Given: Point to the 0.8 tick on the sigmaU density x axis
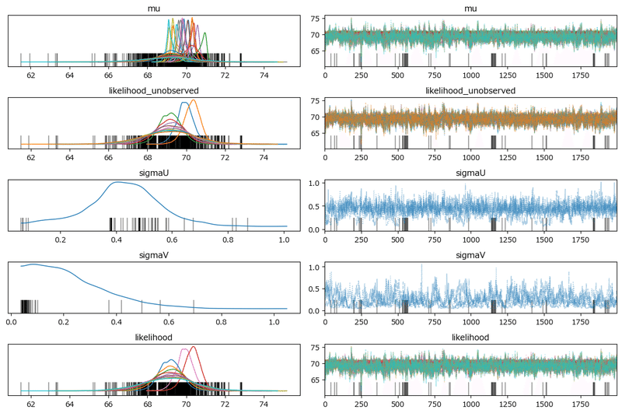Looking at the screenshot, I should tap(228, 240).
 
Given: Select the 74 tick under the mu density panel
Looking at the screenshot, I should tap(264, 75).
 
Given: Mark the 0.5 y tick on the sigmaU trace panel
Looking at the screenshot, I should tap(316, 206).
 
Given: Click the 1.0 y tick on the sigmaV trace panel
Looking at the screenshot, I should tap(316, 267).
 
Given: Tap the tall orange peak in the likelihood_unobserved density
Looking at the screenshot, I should tap(194, 100).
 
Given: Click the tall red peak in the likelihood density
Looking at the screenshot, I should tap(193, 347).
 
